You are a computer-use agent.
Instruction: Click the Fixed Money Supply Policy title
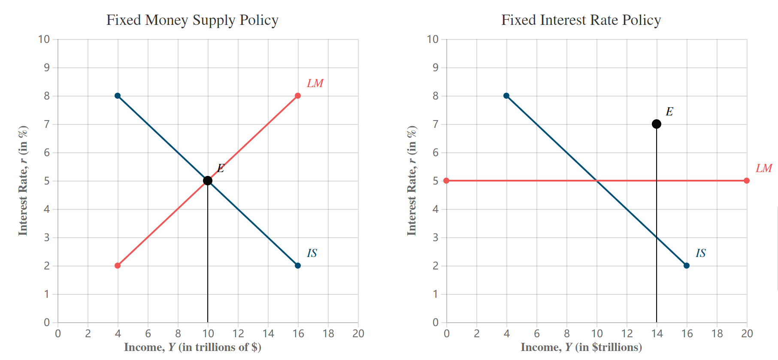click(192, 20)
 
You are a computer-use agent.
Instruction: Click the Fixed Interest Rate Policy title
click(581, 20)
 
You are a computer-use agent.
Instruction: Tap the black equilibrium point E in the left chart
click(208, 181)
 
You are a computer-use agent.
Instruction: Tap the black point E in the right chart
click(657, 124)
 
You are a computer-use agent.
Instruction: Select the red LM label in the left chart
click(315, 83)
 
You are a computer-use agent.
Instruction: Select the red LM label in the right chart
click(764, 168)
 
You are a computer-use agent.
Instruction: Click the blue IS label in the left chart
click(312, 253)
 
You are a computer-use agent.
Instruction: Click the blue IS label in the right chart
click(701, 253)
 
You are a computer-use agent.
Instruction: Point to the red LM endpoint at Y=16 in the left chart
click(298, 96)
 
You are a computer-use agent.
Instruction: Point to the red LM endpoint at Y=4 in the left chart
click(118, 266)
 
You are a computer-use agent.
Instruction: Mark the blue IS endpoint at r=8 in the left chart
click(118, 96)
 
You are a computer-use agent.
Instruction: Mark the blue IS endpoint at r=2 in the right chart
click(687, 266)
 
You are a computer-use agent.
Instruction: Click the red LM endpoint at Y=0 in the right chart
click(446, 181)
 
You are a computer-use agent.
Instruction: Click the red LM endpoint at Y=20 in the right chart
click(747, 181)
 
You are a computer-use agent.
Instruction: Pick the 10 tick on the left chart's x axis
click(208, 333)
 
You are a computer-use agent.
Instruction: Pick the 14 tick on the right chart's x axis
click(657, 333)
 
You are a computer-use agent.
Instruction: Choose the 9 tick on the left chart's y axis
click(47, 67)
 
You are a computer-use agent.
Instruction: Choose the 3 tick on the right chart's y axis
click(436, 237)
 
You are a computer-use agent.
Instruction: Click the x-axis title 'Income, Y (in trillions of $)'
click(193, 347)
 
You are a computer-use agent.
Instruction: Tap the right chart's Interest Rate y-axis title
click(412, 181)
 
